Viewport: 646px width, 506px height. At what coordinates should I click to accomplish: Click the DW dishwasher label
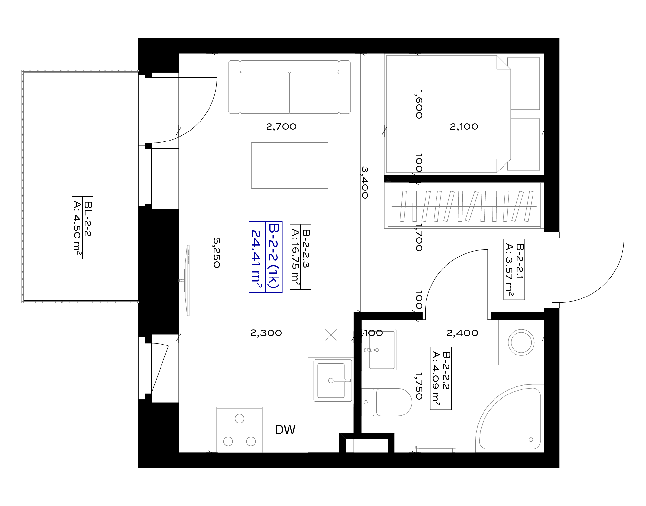[x=285, y=430]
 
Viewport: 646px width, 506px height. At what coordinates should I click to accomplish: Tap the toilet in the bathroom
[x=387, y=402]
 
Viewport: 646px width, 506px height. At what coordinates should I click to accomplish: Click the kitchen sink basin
[x=333, y=380]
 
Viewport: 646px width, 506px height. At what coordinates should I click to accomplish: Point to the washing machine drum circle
[x=521, y=342]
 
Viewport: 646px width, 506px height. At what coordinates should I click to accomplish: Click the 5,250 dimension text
[x=217, y=253]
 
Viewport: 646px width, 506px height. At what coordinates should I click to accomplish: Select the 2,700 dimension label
[x=281, y=127]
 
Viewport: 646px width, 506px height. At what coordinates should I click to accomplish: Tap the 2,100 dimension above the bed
[x=464, y=127]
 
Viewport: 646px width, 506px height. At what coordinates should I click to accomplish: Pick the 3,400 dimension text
[x=365, y=182]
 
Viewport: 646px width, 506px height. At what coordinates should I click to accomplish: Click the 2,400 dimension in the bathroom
[x=462, y=333]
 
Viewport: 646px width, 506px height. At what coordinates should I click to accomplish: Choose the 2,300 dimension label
[x=266, y=333]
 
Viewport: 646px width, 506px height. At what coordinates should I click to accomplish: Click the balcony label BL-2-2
[x=88, y=219]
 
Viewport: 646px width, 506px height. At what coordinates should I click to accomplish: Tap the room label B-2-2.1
[x=520, y=262]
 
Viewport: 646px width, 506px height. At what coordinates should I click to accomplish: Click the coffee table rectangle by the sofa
[x=290, y=165]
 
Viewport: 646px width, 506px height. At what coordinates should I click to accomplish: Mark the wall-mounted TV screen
[x=188, y=280]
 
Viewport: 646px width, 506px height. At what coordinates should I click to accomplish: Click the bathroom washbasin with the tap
[x=379, y=350]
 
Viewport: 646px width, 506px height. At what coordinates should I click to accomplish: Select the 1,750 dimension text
[x=419, y=386]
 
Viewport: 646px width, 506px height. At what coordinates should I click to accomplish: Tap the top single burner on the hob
[x=240, y=419]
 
